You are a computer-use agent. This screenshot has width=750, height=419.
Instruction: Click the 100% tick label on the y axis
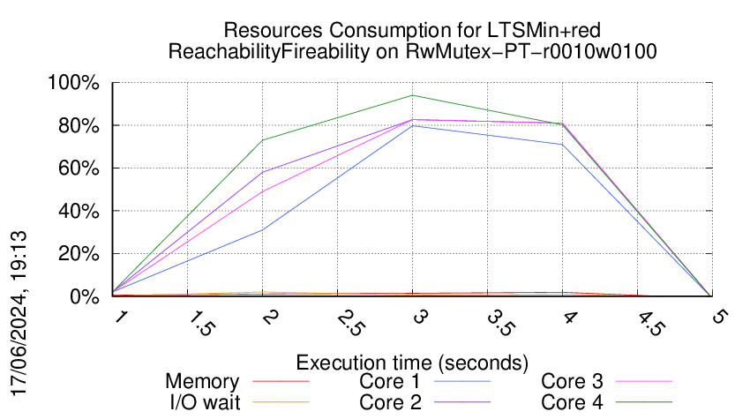(x=74, y=84)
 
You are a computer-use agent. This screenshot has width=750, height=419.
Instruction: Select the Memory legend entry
(x=202, y=382)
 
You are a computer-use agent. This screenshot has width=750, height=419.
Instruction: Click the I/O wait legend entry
(x=202, y=402)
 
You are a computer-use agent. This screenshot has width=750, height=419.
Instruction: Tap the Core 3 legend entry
(x=572, y=382)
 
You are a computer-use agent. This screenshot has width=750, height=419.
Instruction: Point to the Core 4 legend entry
(x=572, y=402)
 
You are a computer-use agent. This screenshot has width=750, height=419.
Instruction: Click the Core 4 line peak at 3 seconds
(x=412, y=95)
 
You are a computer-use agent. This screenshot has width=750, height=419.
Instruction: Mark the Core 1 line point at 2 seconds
(x=263, y=230)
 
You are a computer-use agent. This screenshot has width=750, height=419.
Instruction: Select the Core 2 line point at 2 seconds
(x=263, y=172)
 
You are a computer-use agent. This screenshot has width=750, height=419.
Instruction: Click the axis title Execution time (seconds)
(x=412, y=363)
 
